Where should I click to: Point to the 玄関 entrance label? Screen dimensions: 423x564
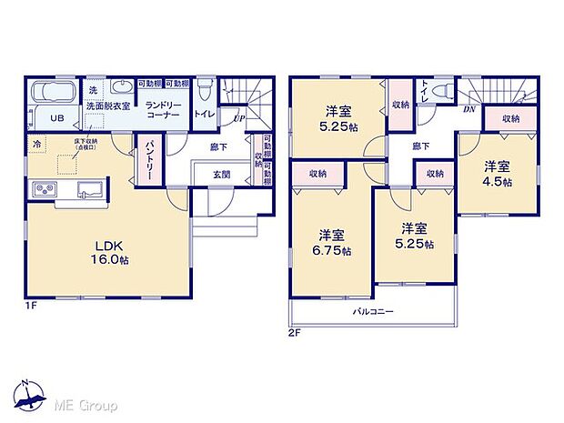(222, 174)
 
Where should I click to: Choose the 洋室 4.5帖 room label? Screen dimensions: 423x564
(496, 174)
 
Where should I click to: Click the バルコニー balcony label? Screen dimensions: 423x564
(373, 312)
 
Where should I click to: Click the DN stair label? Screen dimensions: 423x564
(468, 107)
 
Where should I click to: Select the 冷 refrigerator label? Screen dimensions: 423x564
(37, 144)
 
